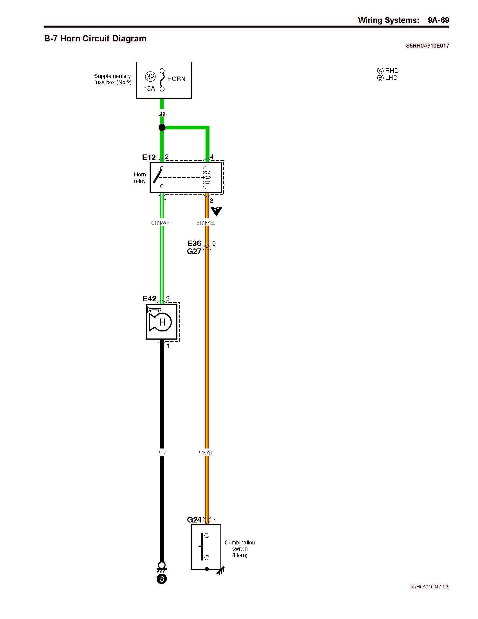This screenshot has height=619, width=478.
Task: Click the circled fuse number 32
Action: (x=150, y=77)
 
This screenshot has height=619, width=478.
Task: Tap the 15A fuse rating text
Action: (x=149, y=88)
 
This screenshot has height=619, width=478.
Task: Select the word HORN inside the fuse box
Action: (x=176, y=79)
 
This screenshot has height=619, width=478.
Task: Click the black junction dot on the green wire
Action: (x=162, y=127)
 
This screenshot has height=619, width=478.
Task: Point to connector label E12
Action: (x=149, y=157)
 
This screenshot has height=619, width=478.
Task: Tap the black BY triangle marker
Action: (x=216, y=210)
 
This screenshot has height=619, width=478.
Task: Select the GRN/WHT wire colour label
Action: (x=162, y=223)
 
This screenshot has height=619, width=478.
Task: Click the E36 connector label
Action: (x=194, y=243)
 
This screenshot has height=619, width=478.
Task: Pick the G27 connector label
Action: (x=194, y=251)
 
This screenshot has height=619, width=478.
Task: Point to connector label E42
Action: (x=149, y=299)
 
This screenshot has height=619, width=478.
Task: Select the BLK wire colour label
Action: (x=161, y=453)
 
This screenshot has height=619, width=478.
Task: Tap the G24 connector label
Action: (x=194, y=520)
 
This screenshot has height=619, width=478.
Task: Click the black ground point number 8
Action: (x=162, y=579)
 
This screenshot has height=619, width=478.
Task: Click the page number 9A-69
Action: (x=438, y=20)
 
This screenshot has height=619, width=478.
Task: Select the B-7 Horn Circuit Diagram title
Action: (x=95, y=39)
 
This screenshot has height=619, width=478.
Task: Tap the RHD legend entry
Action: (x=388, y=71)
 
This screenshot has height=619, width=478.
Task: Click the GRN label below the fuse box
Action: (x=162, y=114)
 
